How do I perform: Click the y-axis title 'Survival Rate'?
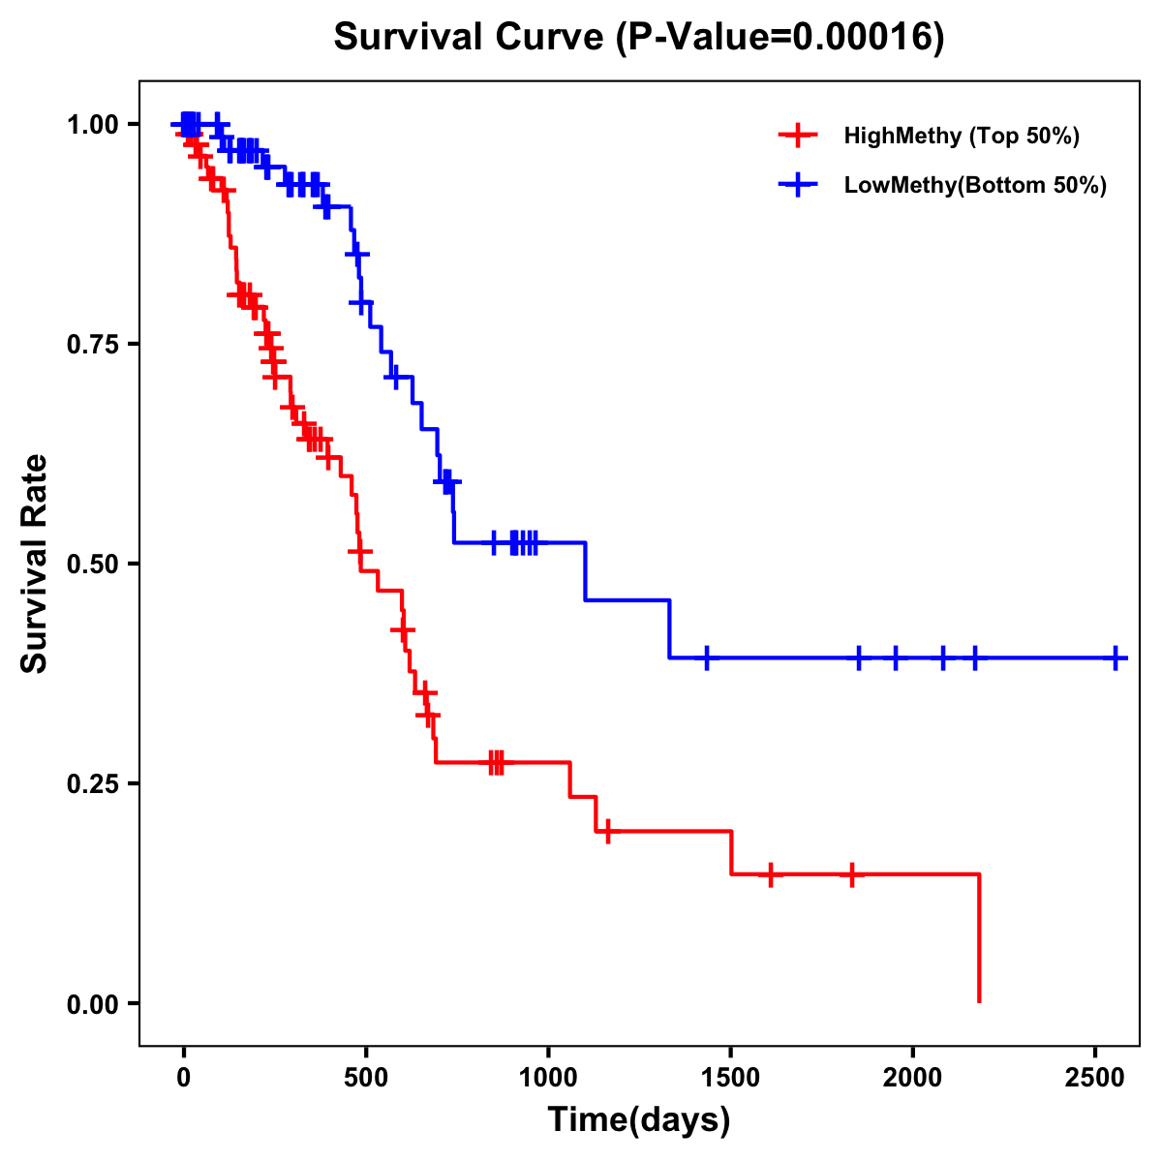(x=35, y=563)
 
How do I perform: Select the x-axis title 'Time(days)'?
(x=639, y=1119)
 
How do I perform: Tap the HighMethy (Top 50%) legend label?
(x=961, y=136)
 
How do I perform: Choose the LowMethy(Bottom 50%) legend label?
(x=975, y=186)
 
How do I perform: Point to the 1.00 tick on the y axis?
(x=92, y=125)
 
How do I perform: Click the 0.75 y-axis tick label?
(x=92, y=345)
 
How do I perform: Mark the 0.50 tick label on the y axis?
(x=92, y=565)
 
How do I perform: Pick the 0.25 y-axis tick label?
(x=92, y=784)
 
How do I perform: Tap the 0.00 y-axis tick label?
(x=92, y=1004)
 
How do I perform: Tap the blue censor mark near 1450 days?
(x=707, y=657)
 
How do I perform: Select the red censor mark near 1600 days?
(x=770, y=874)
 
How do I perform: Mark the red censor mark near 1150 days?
(x=607, y=831)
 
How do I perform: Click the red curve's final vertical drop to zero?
(x=979, y=939)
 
